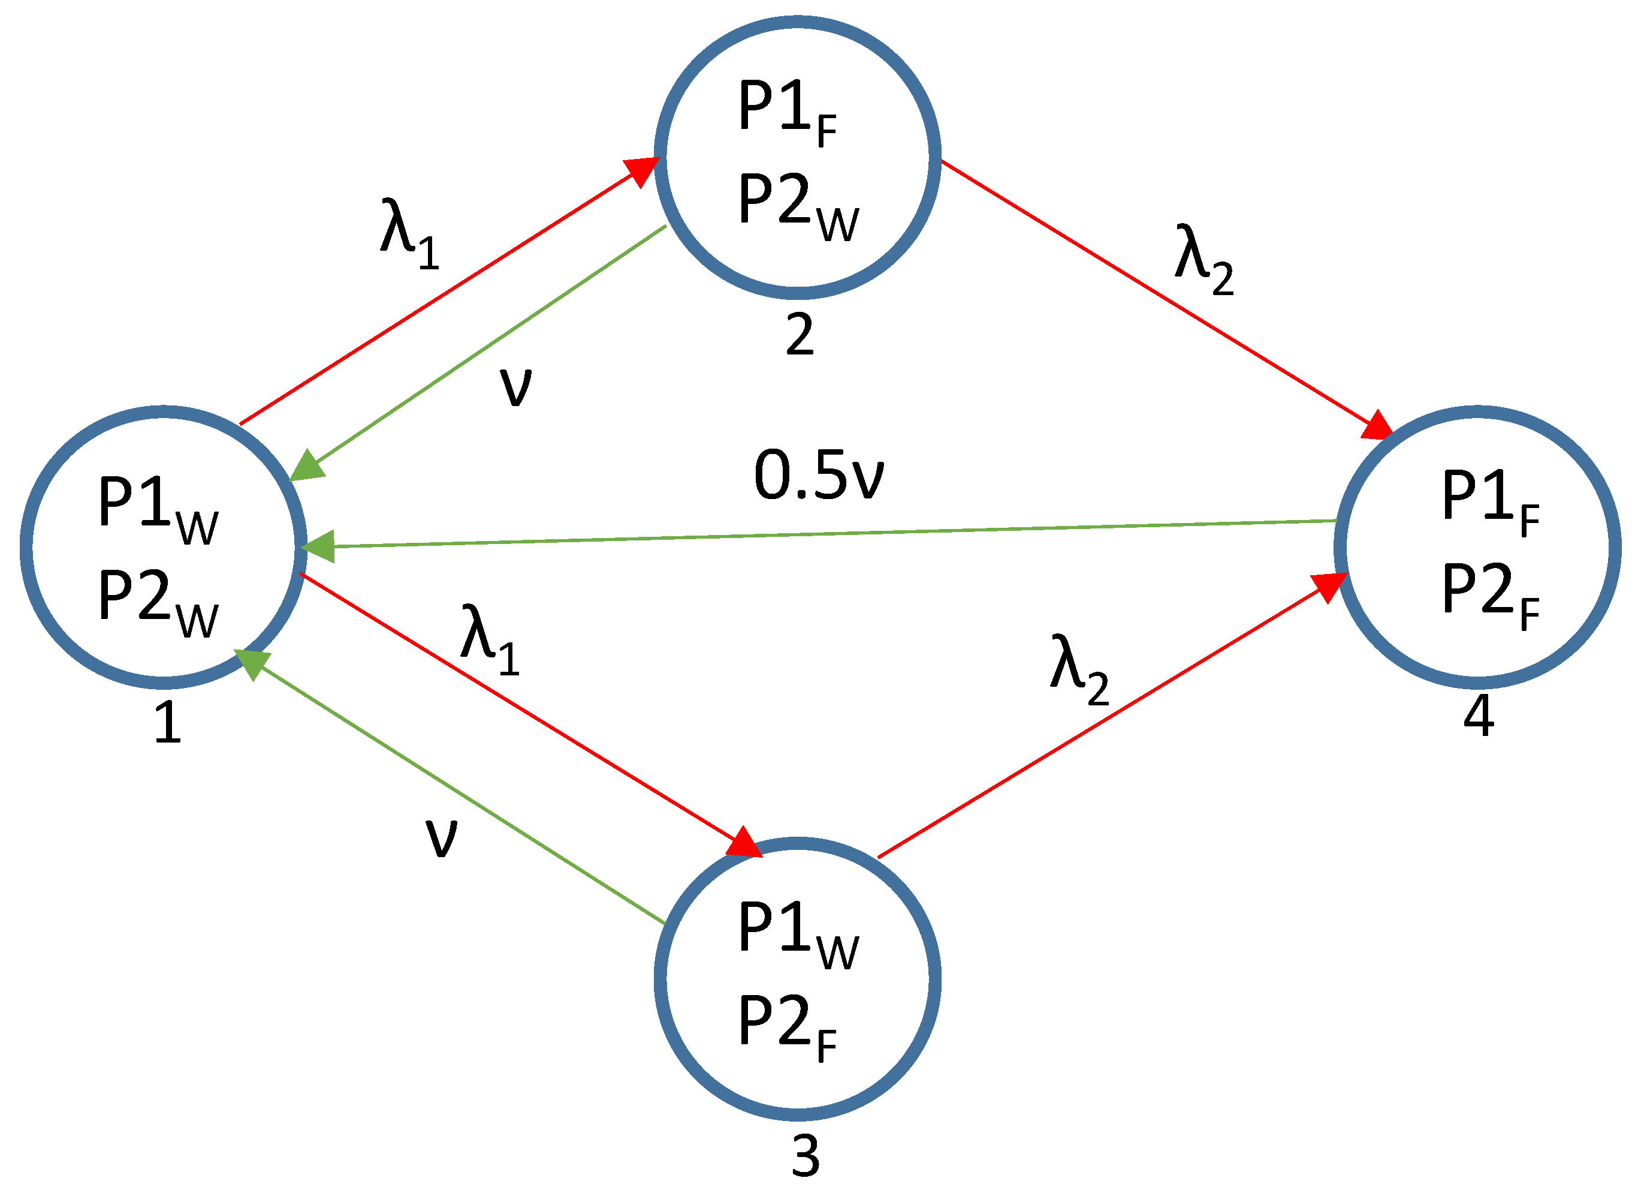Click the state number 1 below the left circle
(168, 723)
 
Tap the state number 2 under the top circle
(800, 334)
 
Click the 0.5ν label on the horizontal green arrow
(818, 476)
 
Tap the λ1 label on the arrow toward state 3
(490, 639)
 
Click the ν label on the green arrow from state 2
(515, 387)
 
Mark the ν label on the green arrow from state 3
(441, 838)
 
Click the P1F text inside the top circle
(787, 112)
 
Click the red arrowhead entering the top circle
(641, 170)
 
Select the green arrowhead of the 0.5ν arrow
(318, 546)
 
